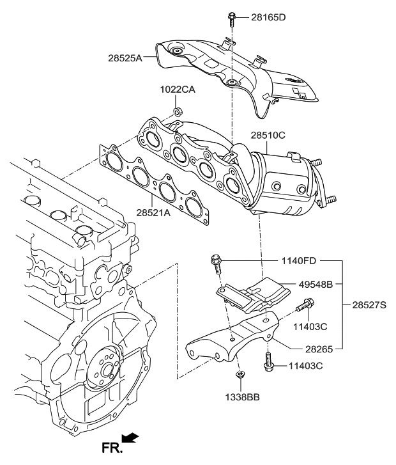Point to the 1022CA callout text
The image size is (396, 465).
178,90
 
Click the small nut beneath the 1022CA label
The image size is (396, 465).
178,113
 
